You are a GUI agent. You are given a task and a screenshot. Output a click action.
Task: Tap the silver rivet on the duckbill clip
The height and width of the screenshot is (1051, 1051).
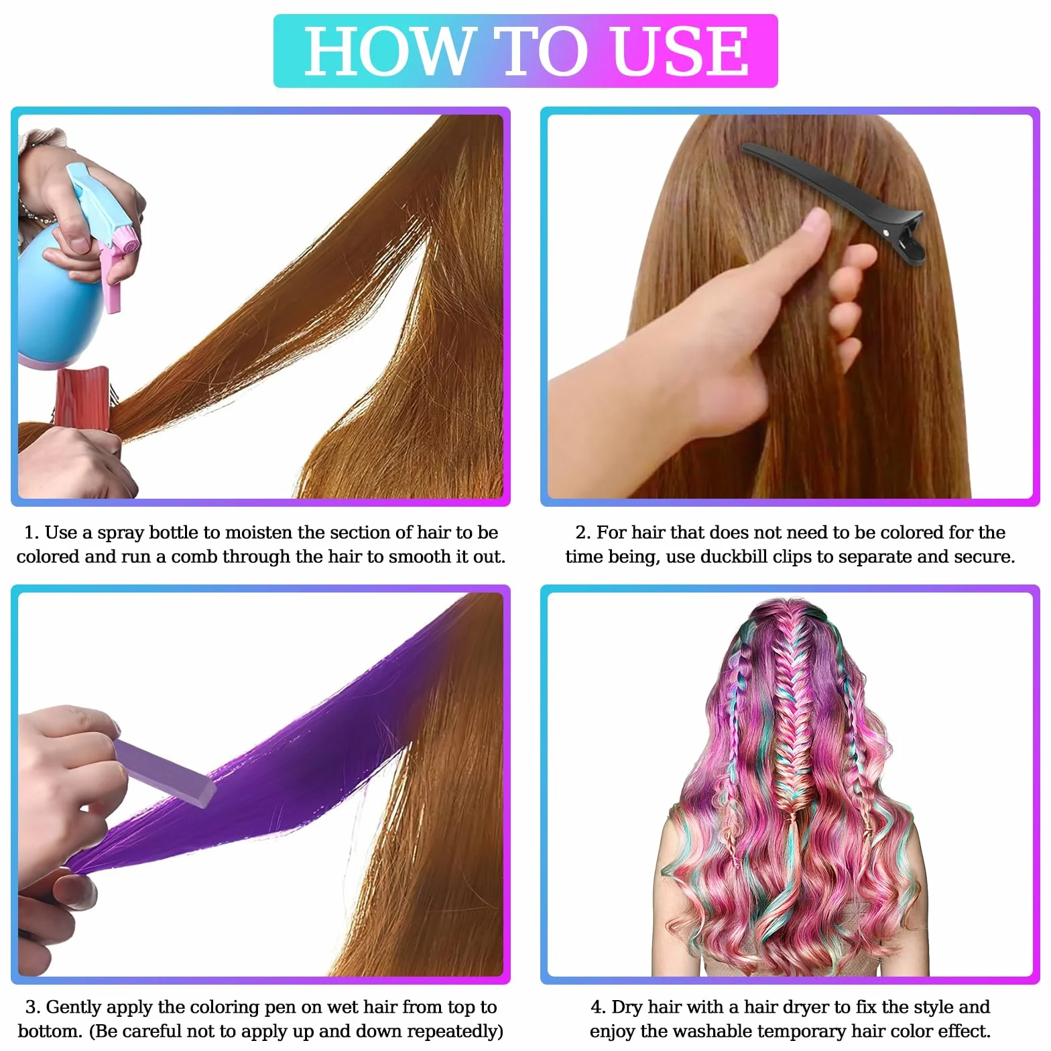point(887,231)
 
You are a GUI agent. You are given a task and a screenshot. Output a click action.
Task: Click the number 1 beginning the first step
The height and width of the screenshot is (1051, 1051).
point(31,533)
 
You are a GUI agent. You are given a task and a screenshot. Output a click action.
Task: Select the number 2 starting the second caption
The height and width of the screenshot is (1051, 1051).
point(583,533)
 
